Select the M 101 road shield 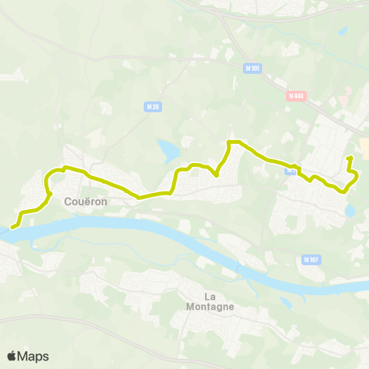coord(255,68)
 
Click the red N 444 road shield coord(296,96)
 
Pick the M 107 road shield coord(311,259)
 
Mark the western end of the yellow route coord(12,227)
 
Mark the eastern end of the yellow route coord(350,158)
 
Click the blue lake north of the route coord(167,147)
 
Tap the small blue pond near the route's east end coord(351,209)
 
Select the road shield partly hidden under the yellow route coord(291,171)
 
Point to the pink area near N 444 coord(345,100)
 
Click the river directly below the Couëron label coord(77,224)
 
